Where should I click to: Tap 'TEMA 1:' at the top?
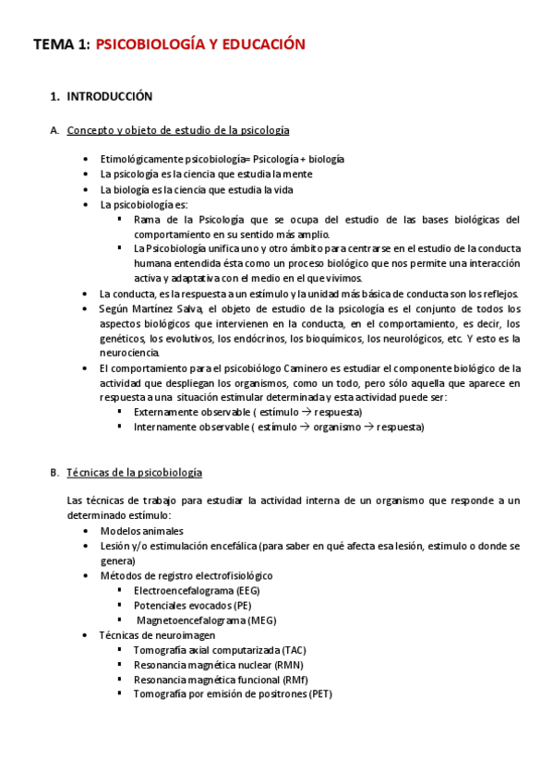[61, 43]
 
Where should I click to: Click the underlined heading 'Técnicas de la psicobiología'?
[134, 472]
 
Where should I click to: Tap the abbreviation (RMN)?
[285, 665]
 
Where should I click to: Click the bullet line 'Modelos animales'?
[141, 531]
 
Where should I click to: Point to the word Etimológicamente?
[142, 159]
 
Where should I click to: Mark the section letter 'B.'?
[54, 472]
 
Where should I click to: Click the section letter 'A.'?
[54, 130]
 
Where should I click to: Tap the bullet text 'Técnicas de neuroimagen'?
[157, 634]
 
